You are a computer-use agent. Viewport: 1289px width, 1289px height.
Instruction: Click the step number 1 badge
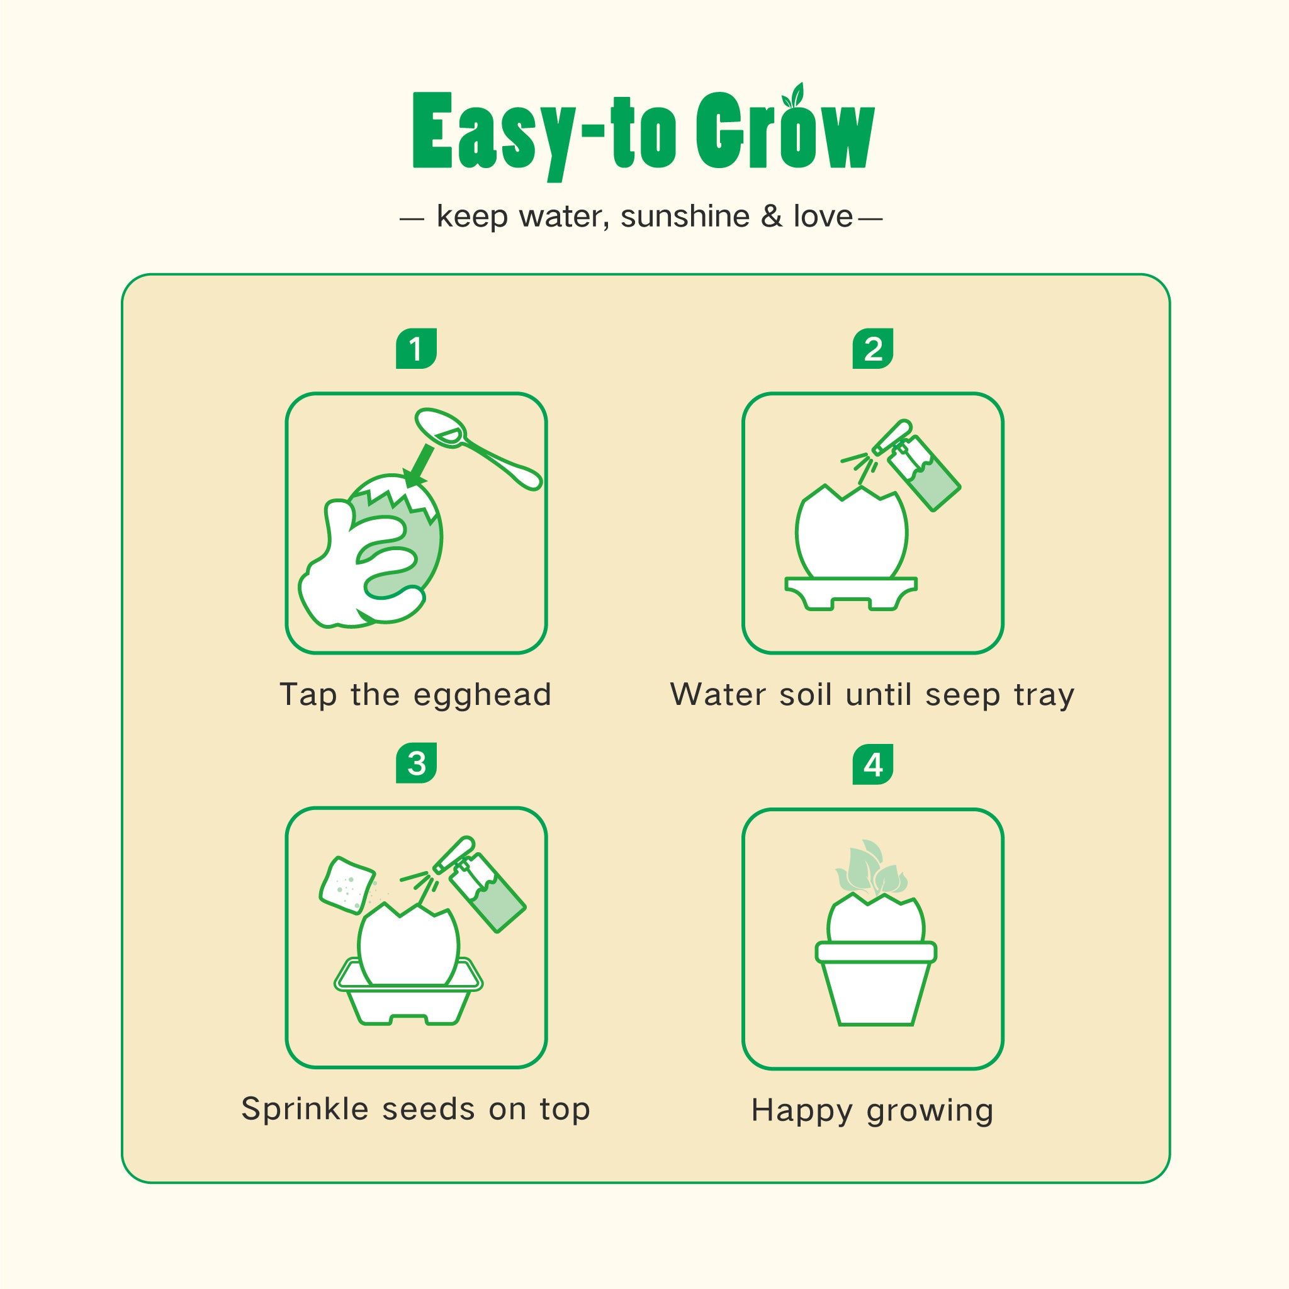click(x=415, y=348)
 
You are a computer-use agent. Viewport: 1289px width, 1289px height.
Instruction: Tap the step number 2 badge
click(x=873, y=348)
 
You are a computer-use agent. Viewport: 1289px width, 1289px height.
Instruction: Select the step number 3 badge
click(x=415, y=763)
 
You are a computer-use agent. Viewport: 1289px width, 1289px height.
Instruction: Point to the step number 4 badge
click(x=873, y=764)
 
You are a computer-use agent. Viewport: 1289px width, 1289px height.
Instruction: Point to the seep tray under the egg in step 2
click(x=852, y=593)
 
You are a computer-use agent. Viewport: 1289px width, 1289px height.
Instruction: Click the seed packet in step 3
click(x=347, y=886)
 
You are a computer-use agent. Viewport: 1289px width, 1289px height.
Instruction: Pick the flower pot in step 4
click(x=875, y=982)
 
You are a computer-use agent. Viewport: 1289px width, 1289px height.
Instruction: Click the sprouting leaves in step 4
click(x=871, y=867)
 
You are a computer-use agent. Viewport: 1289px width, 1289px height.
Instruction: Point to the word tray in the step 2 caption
click(x=1044, y=696)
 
